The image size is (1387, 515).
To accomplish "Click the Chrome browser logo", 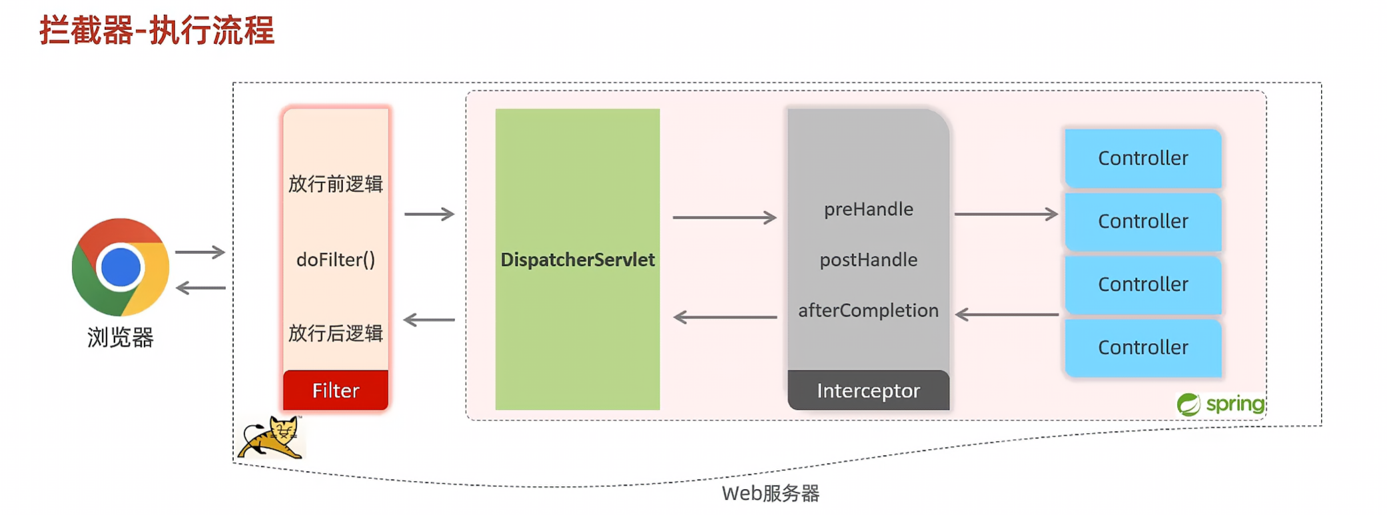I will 121,267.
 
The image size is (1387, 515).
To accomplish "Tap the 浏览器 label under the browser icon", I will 121,338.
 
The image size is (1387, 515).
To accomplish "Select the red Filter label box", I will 336,390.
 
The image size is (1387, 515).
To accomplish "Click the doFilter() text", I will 336,260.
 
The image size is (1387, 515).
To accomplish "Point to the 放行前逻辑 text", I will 336,184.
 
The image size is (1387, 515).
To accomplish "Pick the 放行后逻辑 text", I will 336,333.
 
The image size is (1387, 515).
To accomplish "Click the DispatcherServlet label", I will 578,260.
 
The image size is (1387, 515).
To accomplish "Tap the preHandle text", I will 869,209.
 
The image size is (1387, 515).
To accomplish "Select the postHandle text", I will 869,260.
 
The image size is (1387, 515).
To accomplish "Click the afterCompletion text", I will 869,310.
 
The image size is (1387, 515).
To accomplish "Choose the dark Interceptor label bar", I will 869,390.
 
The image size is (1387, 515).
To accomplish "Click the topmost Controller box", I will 1143,159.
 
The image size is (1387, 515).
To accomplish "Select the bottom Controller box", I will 1143,348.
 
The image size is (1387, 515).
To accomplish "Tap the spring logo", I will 1220,404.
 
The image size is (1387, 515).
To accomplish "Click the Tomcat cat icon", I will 272,438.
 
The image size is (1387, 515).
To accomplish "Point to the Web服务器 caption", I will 771,494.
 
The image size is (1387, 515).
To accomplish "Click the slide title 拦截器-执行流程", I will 157,31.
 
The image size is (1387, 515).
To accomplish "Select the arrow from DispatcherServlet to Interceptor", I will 725,217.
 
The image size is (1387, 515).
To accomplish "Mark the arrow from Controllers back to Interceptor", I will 1007,314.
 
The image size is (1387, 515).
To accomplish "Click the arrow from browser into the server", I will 200,253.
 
